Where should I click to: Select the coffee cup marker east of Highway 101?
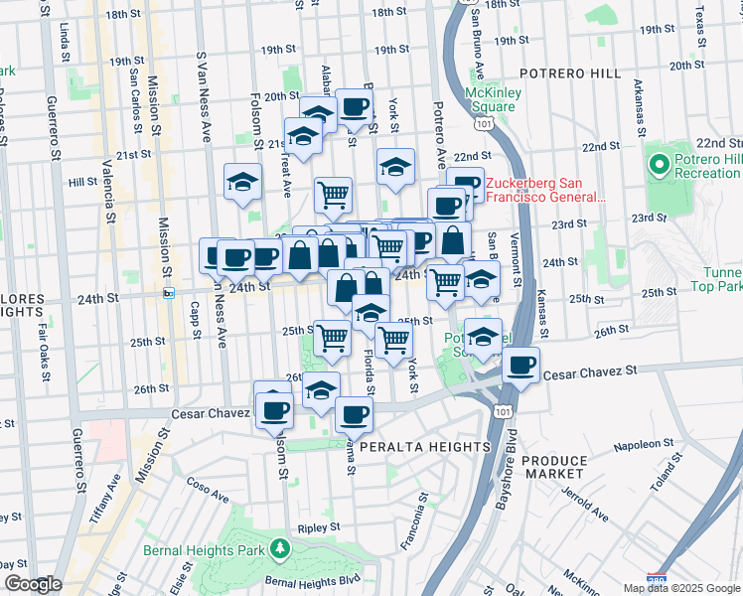tap(521, 365)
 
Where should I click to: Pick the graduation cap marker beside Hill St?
tap(242, 181)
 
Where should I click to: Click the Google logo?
tap(32, 584)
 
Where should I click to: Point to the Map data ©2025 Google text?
tap(681, 588)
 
